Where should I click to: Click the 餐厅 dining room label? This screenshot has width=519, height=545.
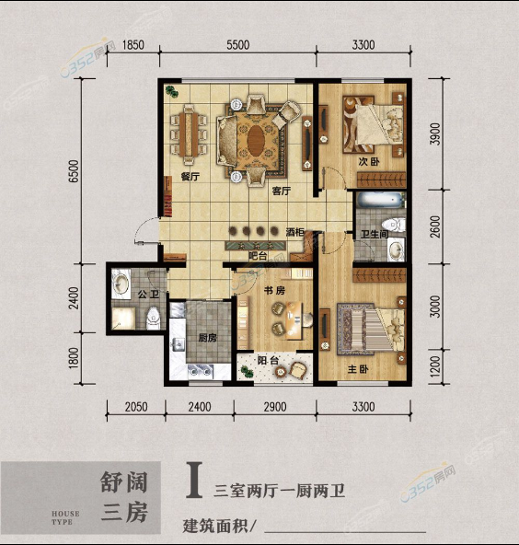point(190,177)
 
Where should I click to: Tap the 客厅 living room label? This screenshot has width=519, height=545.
point(282,191)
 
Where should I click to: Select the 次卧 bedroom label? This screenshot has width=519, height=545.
point(369,162)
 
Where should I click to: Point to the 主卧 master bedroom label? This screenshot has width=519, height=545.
point(358,369)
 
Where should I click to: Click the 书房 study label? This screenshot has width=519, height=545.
point(274,290)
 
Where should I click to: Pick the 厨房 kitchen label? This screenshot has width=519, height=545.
point(207,338)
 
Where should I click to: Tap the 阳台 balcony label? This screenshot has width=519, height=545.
point(268,361)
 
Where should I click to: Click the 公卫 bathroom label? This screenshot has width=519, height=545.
point(148,295)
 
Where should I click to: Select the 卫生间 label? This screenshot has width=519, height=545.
point(375,234)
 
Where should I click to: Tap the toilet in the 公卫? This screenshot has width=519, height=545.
point(153,318)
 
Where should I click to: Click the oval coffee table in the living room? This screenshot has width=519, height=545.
point(256,141)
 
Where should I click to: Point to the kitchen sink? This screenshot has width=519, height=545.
point(179,344)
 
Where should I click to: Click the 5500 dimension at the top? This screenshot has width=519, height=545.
point(238,45)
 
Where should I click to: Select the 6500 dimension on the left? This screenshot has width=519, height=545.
point(74,171)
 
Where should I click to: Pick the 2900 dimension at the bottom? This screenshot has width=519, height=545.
point(275,407)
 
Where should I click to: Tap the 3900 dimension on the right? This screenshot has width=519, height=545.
point(435,134)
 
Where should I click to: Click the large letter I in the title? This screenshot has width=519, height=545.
point(194,480)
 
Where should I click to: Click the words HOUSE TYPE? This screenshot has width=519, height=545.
point(65,517)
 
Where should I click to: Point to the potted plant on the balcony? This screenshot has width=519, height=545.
point(247,372)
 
